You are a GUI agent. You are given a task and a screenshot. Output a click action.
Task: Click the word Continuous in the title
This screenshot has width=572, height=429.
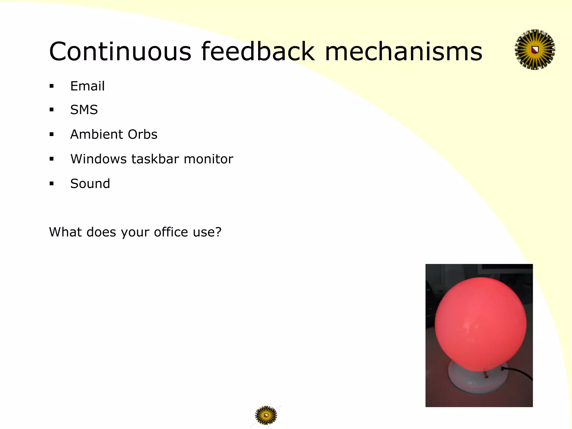click(120, 51)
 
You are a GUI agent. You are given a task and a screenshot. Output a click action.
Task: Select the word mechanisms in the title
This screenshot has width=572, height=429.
click(403, 52)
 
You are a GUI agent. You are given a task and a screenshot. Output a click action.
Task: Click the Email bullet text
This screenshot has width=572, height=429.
click(87, 86)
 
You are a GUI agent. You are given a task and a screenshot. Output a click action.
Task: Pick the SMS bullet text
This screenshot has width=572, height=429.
click(84, 110)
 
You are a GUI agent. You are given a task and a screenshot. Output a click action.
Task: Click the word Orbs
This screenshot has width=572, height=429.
click(142, 134)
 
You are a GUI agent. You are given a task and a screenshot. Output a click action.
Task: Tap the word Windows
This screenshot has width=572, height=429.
click(98, 159)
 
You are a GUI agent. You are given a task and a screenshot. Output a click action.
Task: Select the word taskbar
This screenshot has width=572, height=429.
click(155, 159)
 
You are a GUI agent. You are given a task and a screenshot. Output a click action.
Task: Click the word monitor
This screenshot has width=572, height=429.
click(208, 159)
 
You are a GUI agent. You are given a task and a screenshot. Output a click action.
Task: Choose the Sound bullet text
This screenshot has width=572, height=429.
click(90, 183)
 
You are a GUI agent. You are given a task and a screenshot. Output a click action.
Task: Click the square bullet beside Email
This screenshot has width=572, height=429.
click(51, 86)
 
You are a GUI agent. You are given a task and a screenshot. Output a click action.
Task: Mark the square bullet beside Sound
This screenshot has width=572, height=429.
click(51, 183)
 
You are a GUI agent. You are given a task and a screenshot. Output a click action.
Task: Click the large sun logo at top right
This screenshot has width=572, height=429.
click(535, 50)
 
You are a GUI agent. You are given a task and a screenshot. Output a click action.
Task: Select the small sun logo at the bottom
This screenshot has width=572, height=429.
click(266, 415)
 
